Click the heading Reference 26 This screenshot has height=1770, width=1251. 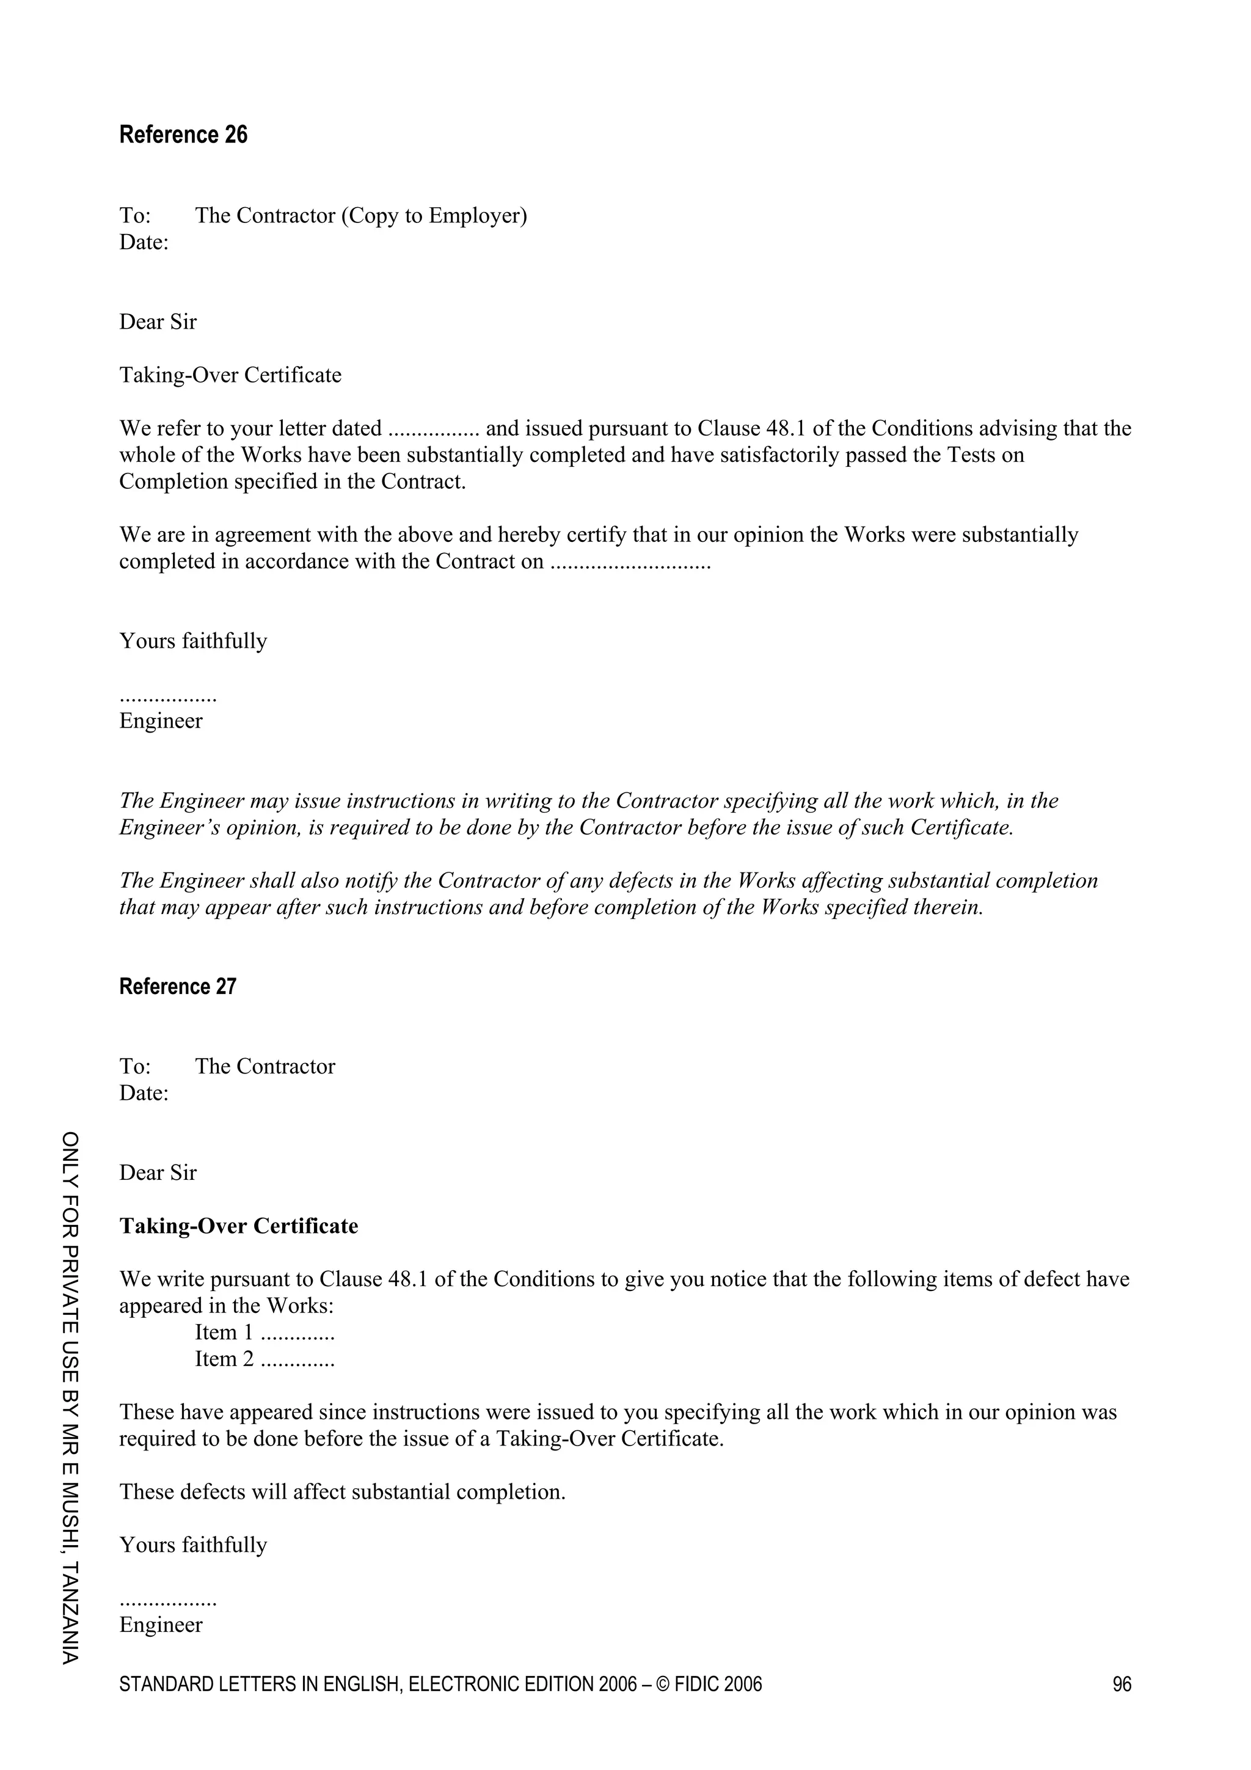pyautogui.click(x=183, y=135)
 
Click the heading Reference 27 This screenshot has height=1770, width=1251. pyautogui.click(x=177, y=987)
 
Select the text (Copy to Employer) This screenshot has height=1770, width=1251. pyautogui.click(x=434, y=215)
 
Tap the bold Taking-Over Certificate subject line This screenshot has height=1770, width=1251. pyautogui.click(x=238, y=1226)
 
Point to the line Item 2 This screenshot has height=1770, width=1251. pyautogui.click(x=264, y=1358)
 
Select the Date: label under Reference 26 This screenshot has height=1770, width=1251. pyautogui.click(x=144, y=242)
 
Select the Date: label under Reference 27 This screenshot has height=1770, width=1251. pyautogui.click(x=144, y=1093)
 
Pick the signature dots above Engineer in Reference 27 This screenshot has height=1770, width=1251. pyautogui.click(x=168, y=1600)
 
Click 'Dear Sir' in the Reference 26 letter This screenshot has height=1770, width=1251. pyautogui.click(x=158, y=321)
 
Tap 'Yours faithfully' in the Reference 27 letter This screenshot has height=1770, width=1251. pyautogui.click(x=192, y=1545)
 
